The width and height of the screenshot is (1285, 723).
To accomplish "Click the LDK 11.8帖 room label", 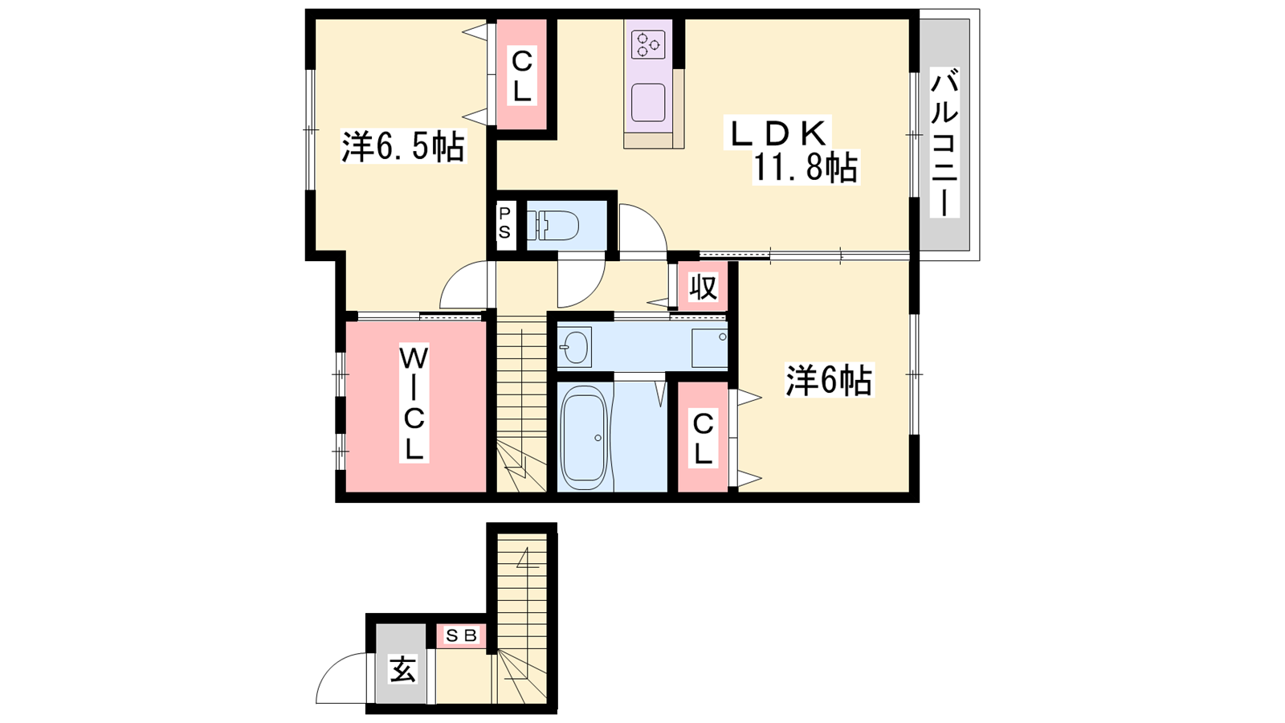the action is coord(793,149).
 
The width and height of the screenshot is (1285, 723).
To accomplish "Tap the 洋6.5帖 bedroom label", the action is coord(403,146).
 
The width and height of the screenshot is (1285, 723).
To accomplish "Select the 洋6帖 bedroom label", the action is coord(829,380).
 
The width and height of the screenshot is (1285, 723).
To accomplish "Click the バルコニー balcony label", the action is coord(944,142).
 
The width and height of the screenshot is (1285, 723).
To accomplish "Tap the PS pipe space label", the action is coord(505,223).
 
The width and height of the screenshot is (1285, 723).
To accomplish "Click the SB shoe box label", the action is coord(461,635).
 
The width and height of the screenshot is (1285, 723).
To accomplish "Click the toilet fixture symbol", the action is coord(553,225).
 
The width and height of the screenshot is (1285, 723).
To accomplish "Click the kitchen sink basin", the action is coord(648,103).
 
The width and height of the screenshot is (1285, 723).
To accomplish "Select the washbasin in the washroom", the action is coord(574,346).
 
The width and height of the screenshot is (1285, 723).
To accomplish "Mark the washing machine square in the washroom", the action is coord(709,349).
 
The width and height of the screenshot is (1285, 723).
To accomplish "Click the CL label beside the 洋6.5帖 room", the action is coord(521,76).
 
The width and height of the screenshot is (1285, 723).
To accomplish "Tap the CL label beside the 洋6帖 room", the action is coord(703,439).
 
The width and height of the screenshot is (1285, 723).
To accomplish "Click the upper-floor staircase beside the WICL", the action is coord(521,404).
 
